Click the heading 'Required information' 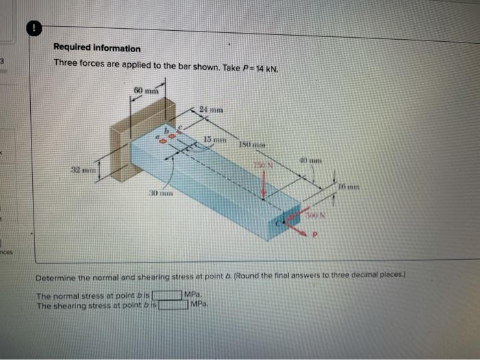click(97, 49)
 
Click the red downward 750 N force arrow click(264, 182)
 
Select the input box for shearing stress click(174, 304)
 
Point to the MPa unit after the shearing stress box click(200, 304)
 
